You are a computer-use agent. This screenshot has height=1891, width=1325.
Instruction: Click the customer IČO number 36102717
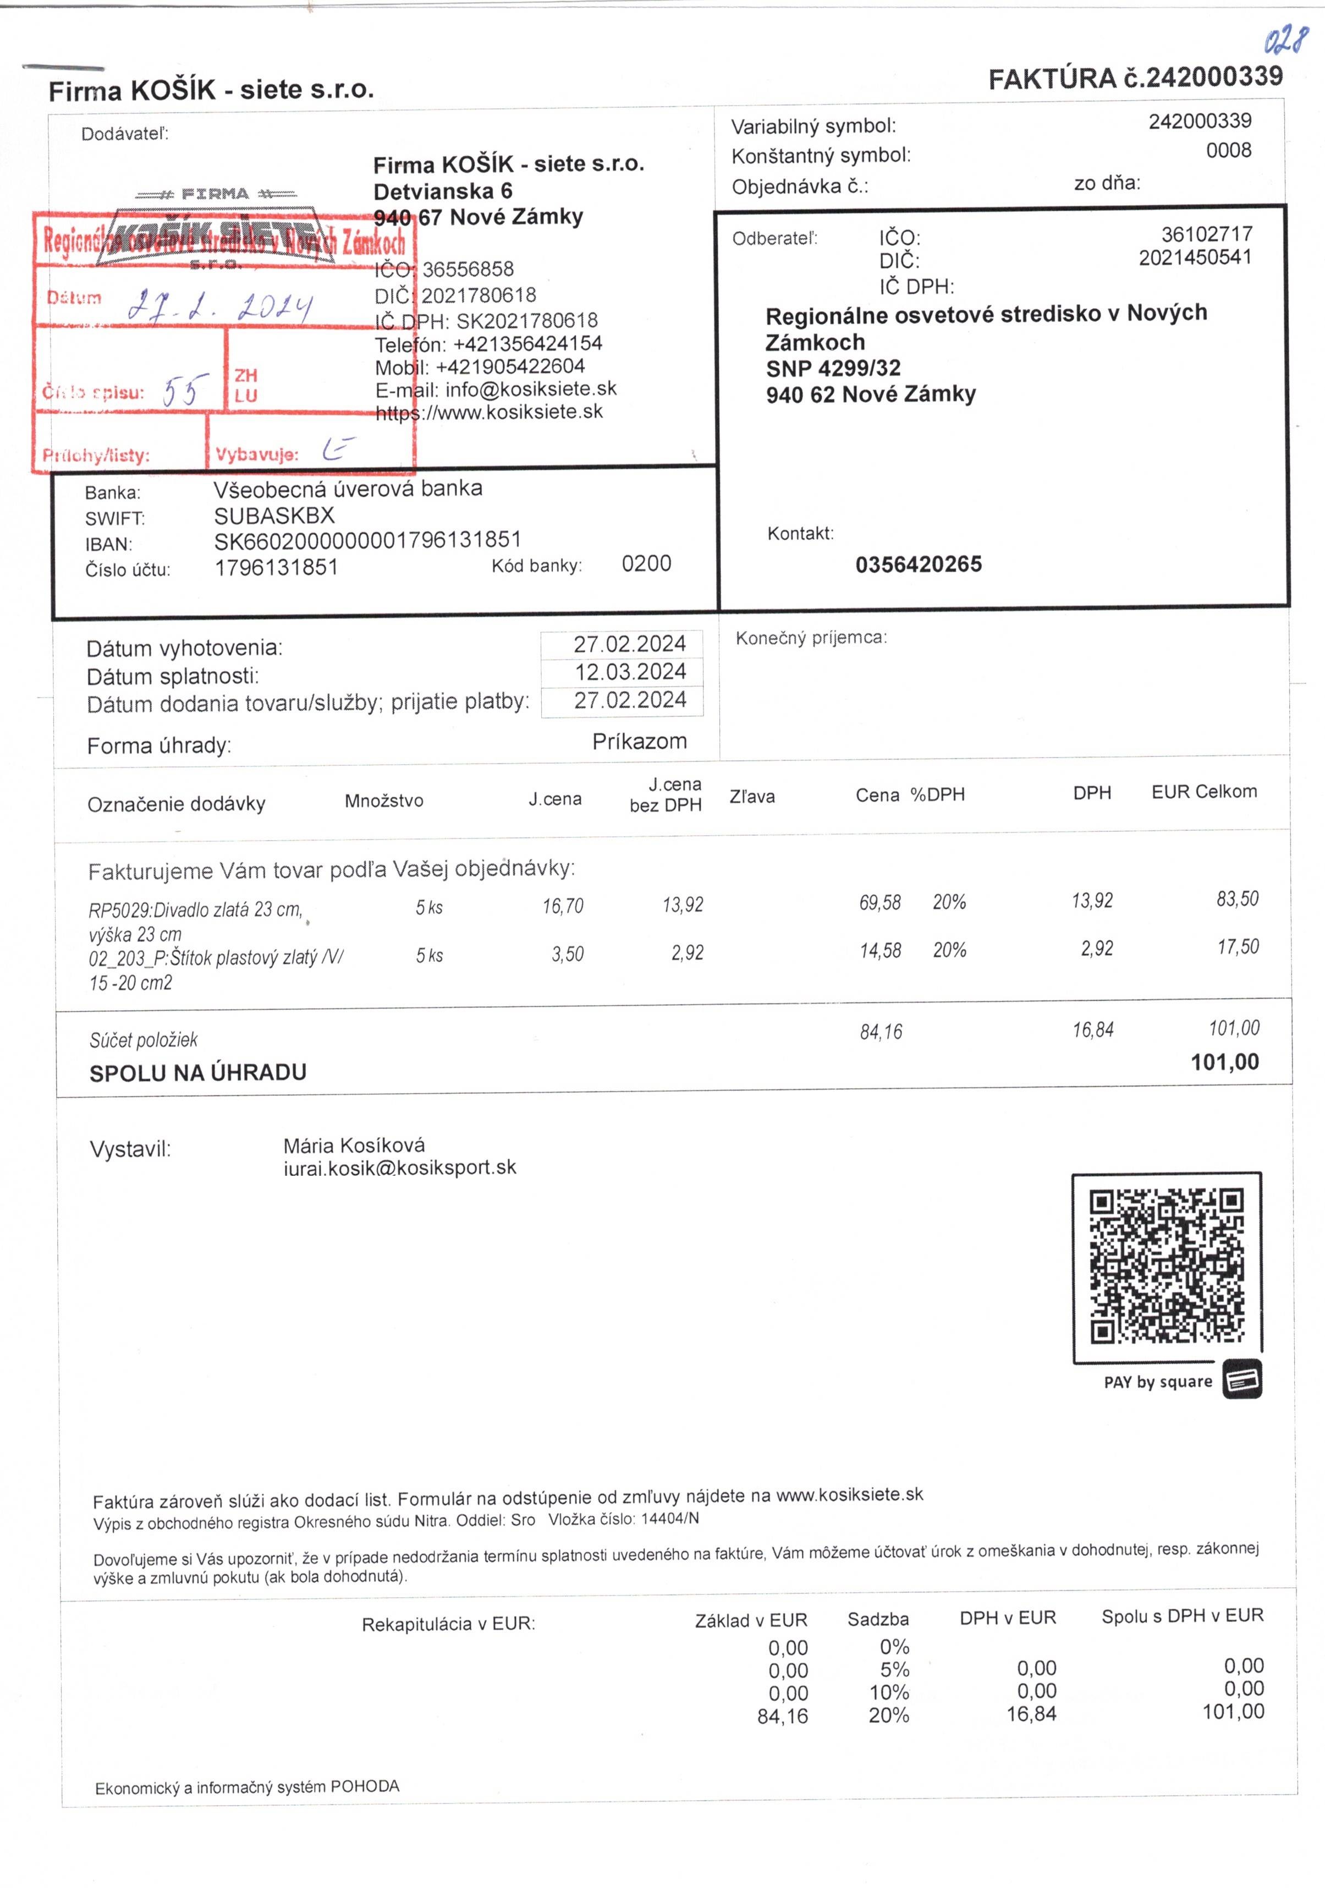(1206, 235)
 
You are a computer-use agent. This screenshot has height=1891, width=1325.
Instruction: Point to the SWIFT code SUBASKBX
(274, 517)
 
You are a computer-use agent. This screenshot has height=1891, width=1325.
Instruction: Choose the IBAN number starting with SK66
(367, 540)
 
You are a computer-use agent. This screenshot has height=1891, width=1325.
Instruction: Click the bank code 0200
(646, 564)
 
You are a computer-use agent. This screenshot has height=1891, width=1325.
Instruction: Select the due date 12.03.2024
(630, 672)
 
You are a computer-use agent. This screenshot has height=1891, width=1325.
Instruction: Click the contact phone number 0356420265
(918, 565)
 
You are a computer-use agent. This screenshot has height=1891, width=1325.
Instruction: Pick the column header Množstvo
(384, 801)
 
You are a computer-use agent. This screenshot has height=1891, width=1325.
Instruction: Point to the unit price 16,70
(563, 907)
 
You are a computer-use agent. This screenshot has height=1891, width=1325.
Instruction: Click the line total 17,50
(1238, 947)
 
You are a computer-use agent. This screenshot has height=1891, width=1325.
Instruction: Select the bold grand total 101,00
(1224, 1062)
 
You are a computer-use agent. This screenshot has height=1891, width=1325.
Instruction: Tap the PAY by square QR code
(1166, 1267)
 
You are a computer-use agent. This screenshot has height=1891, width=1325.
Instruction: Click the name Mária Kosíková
(354, 1145)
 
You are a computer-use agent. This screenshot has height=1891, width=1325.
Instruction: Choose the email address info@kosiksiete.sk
(531, 389)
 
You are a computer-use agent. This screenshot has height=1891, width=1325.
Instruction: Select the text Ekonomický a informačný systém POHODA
(247, 1787)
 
